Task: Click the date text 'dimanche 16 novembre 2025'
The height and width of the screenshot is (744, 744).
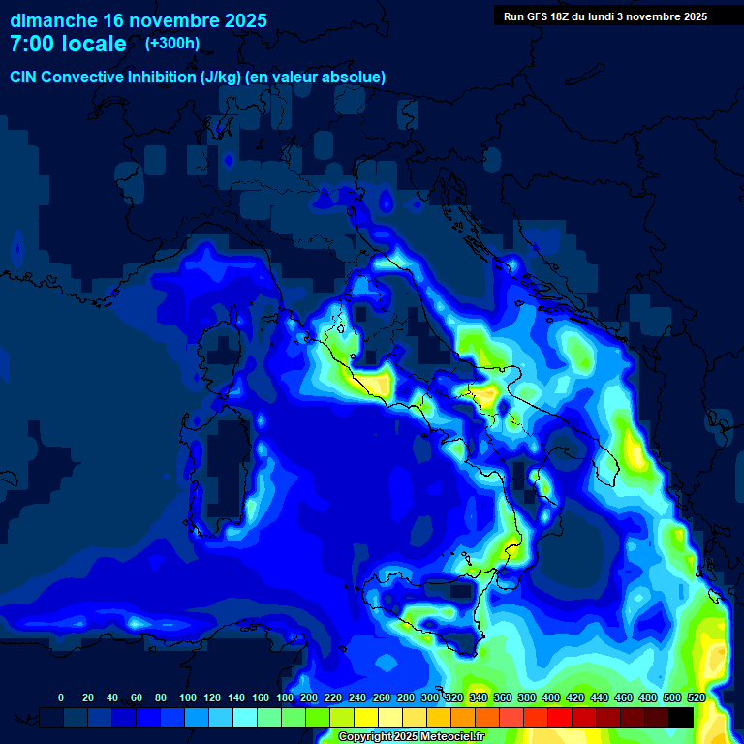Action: [x=138, y=20]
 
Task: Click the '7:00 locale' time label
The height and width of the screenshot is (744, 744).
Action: [x=68, y=44]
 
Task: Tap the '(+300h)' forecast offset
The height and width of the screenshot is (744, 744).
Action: [x=173, y=44]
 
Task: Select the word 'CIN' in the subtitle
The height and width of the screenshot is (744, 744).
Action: [x=24, y=77]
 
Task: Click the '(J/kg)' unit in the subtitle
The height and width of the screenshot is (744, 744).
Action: [x=222, y=77]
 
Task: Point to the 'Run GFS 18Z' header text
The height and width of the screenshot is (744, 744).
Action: [x=536, y=16]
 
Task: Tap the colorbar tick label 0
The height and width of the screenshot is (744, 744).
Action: [x=61, y=697]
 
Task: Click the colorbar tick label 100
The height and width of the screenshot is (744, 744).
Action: [x=188, y=697]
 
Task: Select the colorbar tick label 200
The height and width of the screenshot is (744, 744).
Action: [x=309, y=697]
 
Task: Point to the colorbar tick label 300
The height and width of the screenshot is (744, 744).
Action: [x=430, y=697]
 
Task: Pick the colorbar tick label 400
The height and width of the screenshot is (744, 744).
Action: [x=551, y=697]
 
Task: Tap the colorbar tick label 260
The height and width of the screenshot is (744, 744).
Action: [x=382, y=697]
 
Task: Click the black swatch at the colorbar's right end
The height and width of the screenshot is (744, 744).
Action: [x=681, y=717]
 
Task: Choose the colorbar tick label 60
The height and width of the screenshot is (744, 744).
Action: [x=137, y=697]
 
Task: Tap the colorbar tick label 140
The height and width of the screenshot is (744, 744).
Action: [x=236, y=697]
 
